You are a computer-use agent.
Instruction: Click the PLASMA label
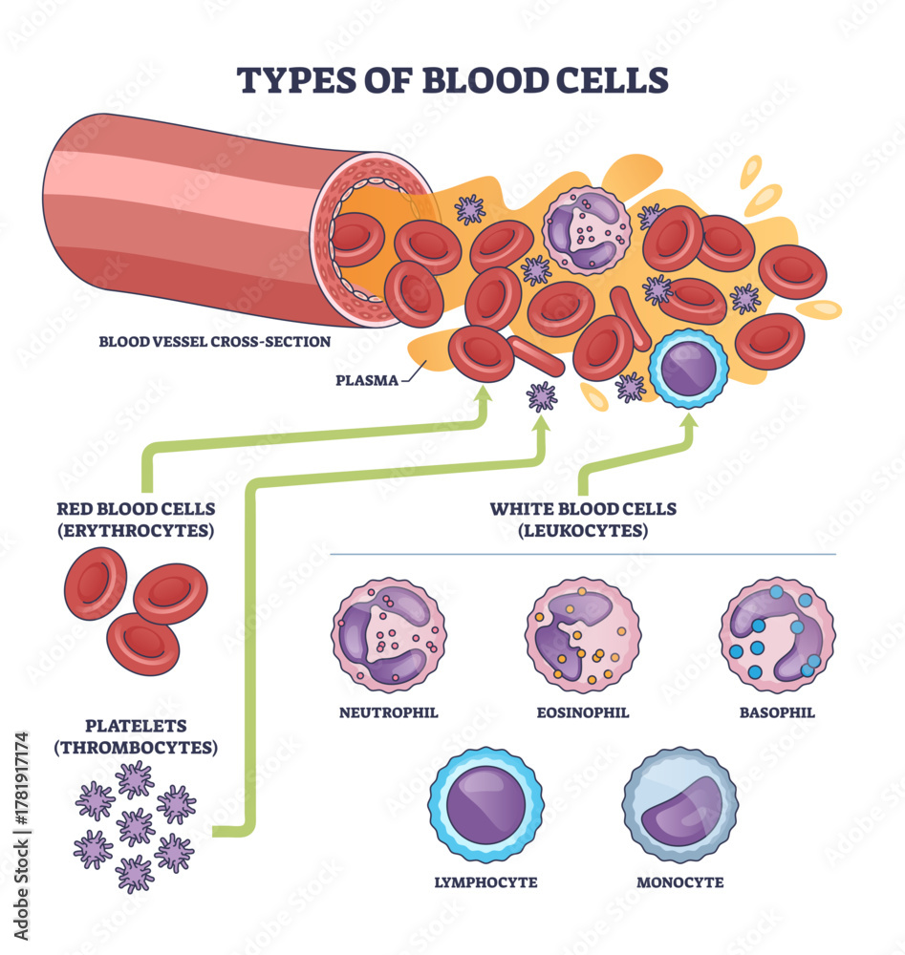(365, 379)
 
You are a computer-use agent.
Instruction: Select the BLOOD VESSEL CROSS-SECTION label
(215, 341)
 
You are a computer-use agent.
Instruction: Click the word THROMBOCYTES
(135, 747)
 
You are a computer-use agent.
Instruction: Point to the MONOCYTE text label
(679, 882)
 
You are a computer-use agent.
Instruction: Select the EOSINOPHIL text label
(582, 711)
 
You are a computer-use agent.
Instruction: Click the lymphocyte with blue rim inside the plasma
(688, 368)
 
